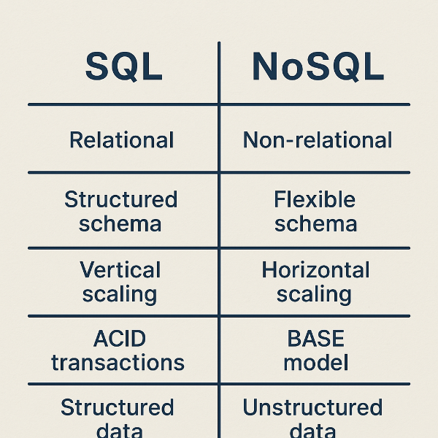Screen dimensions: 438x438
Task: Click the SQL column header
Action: [x=123, y=66]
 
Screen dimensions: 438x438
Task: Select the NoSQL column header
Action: [x=318, y=66]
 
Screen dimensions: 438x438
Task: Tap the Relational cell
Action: [x=121, y=139]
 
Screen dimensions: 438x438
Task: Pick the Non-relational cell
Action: [x=318, y=139]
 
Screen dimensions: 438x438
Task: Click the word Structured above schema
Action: [x=121, y=199]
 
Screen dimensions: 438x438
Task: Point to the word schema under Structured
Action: [x=121, y=223]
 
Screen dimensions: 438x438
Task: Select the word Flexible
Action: [x=315, y=199]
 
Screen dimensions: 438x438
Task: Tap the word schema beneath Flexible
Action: [x=315, y=223]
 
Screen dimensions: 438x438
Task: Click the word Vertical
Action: [x=120, y=270]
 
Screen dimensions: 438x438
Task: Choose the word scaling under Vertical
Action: [x=119, y=294]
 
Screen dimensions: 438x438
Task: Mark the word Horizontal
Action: [x=315, y=270]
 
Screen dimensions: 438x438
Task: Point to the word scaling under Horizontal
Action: [x=315, y=294]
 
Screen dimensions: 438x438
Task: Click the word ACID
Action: [x=119, y=339]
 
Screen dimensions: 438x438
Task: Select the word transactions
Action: [x=118, y=362]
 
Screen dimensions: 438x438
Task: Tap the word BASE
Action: [x=315, y=339]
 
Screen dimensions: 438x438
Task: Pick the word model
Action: [x=315, y=362]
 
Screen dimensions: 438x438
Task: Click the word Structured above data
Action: [x=117, y=407]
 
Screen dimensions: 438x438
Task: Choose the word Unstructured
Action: [x=312, y=407]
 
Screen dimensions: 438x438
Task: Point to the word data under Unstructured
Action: [x=312, y=430]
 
